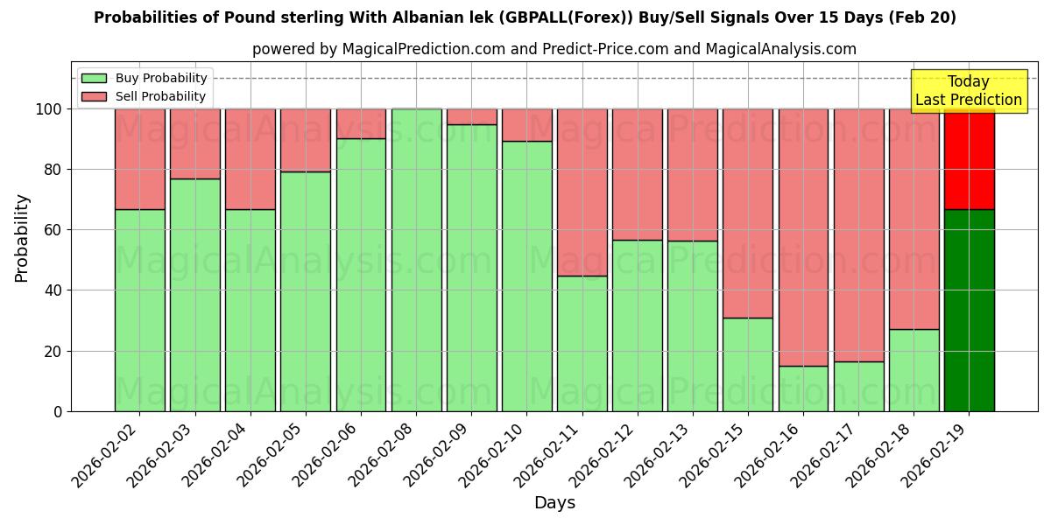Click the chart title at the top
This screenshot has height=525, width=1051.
(x=525, y=17)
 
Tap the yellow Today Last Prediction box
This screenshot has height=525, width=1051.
(x=968, y=91)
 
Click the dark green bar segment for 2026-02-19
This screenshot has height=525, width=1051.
(x=969, y=310)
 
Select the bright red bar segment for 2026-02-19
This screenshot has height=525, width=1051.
(x=969, y=158)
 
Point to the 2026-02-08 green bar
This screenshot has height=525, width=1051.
(x=416, y=260)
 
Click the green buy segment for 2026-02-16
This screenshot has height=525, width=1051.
(x=803, y=388)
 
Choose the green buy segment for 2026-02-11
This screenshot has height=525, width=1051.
(x=582, y=343)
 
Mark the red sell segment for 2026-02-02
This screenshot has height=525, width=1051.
(x=139, y=158)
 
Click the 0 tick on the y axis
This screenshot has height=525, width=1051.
(x=58, y=411)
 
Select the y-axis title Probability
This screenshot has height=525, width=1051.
(x=22, y=238)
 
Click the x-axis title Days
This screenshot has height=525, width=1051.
(x=554, y=502)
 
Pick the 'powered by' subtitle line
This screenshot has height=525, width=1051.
(x=554, y=49)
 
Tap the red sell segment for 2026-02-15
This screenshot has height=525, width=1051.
(x=748, y=213)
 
